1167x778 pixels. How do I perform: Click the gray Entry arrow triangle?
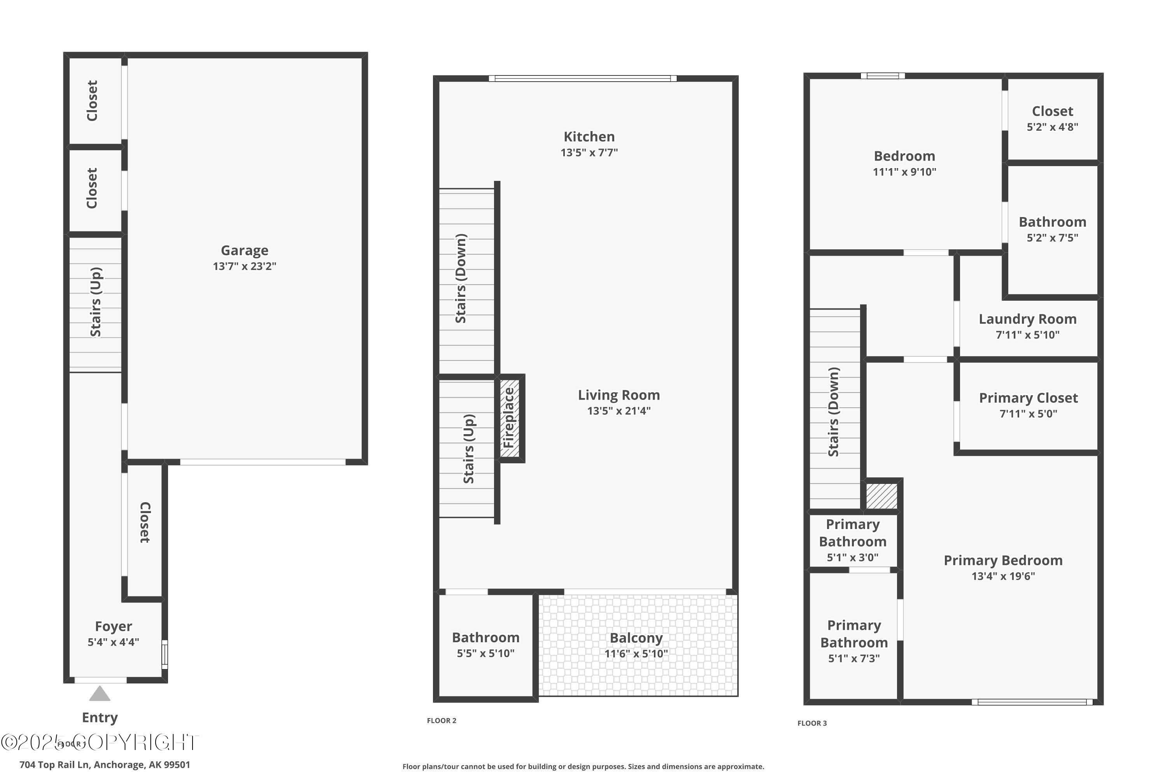pyautogui.click(x=100, y=693)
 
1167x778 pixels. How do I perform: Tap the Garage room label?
pyautogui.click(x=245, y=251)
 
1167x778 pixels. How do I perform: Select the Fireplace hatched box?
pyautogui.click(x=510, y=418)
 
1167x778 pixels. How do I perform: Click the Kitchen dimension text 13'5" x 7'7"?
pyautogui.click(x=589, y=152)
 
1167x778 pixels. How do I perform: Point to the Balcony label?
pyautogui.click(x=636, y=638)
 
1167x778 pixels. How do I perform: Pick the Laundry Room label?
pyautogui.click(x=1028, y=319)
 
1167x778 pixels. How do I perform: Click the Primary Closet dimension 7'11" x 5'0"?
pyautogui.click(x=1028, y=414)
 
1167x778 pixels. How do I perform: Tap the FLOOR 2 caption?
pyautogui.click(x=442, y=720)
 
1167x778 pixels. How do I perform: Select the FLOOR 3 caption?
pyautogui.click(x=812, y=723)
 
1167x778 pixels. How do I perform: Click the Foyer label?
pyautogui.click(x=114, y=627)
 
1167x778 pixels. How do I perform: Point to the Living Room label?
pyautogui.click(x=619, y=395)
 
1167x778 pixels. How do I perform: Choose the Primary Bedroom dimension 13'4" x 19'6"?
pyautogui.click(x=1003, y=576)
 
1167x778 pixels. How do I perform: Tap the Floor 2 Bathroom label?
pyautogui.click(x=486, y=638)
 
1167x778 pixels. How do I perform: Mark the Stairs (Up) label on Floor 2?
pyautogui.click(x=469, y=449)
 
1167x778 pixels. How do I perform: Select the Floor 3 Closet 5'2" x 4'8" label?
pyautogui.click(x=1052, y=118)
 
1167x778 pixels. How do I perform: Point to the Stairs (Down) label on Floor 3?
pyautogui.click(x=834, y=412)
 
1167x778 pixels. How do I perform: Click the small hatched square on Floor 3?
pyautogui.click(x=882, y=496)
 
